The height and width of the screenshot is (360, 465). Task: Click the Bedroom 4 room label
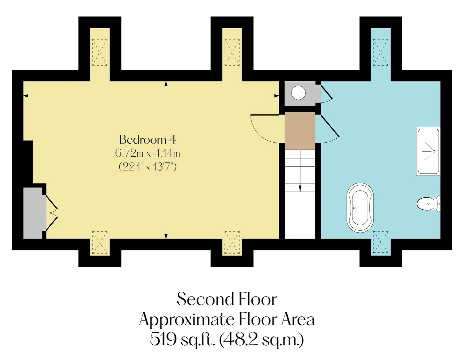click(148, 140)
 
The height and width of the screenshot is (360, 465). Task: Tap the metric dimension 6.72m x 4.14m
click(148, 153)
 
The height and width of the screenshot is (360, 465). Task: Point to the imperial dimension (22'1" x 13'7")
click(148, 167)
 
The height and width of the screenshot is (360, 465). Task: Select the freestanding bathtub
click(360, 208)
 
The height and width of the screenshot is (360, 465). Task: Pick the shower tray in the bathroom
click(428, 151)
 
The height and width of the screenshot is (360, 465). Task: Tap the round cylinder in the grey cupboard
click(298, 93)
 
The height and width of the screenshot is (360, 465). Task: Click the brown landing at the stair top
click(300, 131)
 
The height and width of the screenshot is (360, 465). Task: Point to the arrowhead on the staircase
click(300, 189)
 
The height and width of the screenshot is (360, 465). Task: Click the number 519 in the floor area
click(163, 339)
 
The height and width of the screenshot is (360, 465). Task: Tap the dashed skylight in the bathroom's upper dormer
click(381, 52)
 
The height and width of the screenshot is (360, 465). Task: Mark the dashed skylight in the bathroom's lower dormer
click(381, 242)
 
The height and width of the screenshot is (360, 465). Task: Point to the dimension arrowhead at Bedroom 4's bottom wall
click(166, 236)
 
